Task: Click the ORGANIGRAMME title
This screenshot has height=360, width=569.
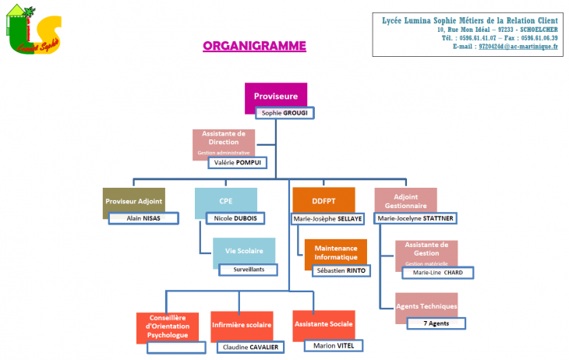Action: pos(254,46)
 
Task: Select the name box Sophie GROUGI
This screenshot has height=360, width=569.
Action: pos(285,113)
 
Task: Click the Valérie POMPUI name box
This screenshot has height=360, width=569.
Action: pos(237,162)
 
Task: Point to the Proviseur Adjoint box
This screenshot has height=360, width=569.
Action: pos(133,201)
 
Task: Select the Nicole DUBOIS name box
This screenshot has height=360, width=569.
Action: pos(235,218)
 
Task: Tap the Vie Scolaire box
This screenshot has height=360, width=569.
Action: pos(244,251)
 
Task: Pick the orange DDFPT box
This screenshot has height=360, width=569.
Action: pos(323,200)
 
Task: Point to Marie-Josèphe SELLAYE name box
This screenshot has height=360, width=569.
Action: pos(327,219)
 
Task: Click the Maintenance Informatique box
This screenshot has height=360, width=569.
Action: pos(335,252)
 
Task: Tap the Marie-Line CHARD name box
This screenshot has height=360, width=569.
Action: pos(437,272)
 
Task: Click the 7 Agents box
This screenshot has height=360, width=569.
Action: pos(436,323)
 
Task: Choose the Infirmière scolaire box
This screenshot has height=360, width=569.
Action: pos(241,323)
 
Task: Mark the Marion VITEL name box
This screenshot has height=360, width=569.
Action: pos(334,345)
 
